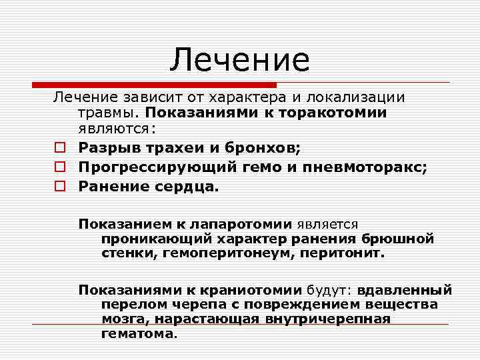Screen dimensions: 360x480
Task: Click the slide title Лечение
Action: point(239,60)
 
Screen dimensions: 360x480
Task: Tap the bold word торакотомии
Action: point(333,112)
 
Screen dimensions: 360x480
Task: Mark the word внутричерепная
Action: point(333,319)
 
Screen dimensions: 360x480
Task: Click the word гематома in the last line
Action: point(137,333)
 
